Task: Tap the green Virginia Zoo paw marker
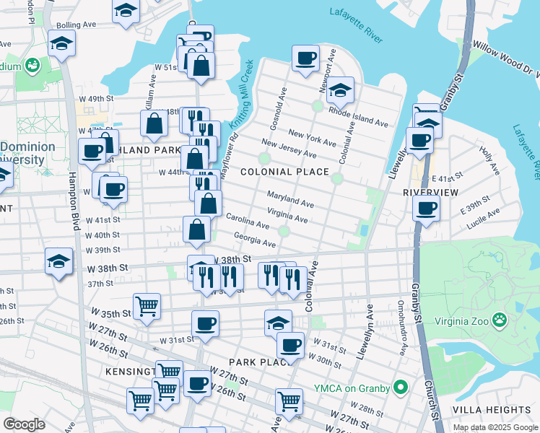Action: [499, 318]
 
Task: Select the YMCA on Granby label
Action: [351, 388]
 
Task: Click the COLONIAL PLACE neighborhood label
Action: [284, 172]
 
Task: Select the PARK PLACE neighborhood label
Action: [253, 361]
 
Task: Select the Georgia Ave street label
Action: [254, 240]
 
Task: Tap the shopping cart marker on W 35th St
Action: [147, 305]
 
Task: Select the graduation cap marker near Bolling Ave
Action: [62, 43]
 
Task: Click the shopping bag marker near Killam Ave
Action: [155, 123]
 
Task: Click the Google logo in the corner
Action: [24, 424]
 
